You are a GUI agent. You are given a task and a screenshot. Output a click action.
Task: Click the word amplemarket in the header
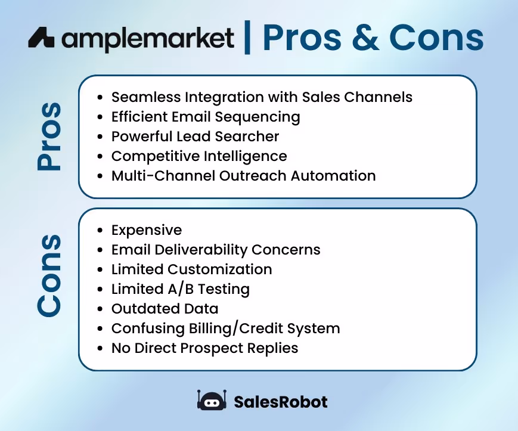pyautogui.click(x=148, y=39)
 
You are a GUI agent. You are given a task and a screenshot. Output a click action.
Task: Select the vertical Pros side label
pyautogui.click(x=49, y=137)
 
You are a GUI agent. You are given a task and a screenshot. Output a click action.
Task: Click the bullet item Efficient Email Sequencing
pyautogui.click(x=205, y=117)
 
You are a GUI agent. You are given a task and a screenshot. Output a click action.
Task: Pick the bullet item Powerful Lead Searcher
pyautogui.click(x=195, y=137)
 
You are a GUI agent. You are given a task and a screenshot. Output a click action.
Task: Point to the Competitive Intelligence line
pyautogui.click(x=199, y=156)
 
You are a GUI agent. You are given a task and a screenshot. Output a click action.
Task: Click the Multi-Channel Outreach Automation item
pyautogui.click(x=243, y=176)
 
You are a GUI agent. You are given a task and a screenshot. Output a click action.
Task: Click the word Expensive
pyautogui.click(x=147, y=230)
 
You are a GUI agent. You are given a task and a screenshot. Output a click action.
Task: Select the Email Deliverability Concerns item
pyautogui.click(x=216, y=250)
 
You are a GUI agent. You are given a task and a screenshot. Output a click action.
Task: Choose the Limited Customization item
pyautogui.click(x=191, y=269)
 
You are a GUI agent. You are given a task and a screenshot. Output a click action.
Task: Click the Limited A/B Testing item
pyautogui.click(x=180, y=289)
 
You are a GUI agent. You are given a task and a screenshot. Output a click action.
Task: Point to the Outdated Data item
pyautogui.click(x=165, y=309)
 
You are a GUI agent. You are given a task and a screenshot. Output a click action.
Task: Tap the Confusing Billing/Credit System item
pyautogui.click(x=225, y=328)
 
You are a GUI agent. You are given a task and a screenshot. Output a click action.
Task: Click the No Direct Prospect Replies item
pyautogui.click(x=204, y=348)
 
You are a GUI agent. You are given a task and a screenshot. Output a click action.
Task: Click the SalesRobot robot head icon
pyautogui.click(x=212, y=401)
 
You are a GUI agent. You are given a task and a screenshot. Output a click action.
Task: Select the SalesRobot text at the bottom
pyautogui.click(x=281, y=402)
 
